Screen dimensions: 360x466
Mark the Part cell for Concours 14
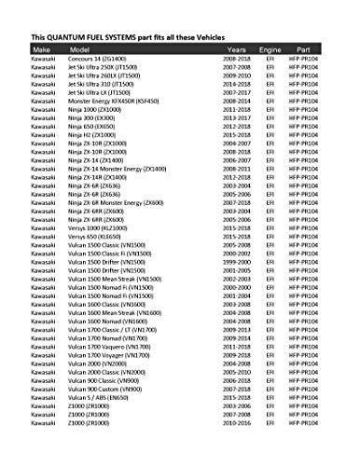click(x=307, y=60)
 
